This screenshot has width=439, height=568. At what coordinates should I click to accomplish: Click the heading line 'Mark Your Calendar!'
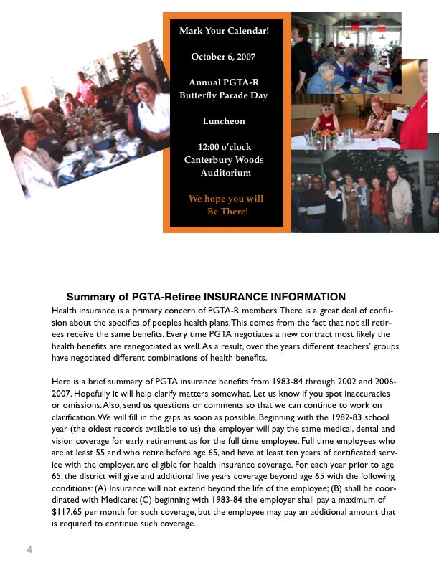[x=223, y=31]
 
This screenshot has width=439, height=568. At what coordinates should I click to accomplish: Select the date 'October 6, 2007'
[x=223, y=56]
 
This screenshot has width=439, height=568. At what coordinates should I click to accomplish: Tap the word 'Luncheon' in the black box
[x=223, y=121]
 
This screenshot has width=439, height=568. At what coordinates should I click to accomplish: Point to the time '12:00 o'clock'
[x=223, y=147]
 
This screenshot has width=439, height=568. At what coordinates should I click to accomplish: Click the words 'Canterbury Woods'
[x=223, y=160]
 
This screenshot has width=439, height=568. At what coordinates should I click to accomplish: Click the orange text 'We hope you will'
[x=225, y=198]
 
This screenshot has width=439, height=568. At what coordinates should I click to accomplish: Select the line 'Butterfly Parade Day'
[x=223, y=95]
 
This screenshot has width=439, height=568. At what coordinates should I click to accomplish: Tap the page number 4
[x=29, y=549]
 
